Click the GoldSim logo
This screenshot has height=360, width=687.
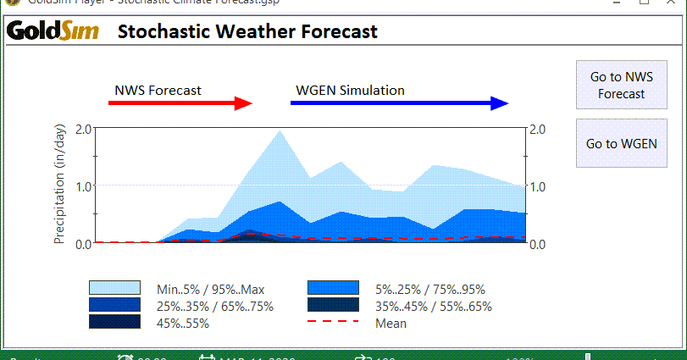[53, 32]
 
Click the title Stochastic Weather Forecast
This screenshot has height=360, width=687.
[247, 32]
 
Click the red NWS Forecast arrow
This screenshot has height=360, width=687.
[180, 103]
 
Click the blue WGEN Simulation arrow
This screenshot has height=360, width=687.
[398, 103]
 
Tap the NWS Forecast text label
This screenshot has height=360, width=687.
[158, 90]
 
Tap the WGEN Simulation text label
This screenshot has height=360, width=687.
[350, 90]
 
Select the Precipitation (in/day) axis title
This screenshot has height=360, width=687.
[59, 186]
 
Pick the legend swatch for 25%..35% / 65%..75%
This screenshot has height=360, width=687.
[114, 306]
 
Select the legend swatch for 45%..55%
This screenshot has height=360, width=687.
[114, 323]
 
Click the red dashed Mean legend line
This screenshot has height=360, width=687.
[333, 323]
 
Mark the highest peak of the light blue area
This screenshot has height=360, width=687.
[280, 130]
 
